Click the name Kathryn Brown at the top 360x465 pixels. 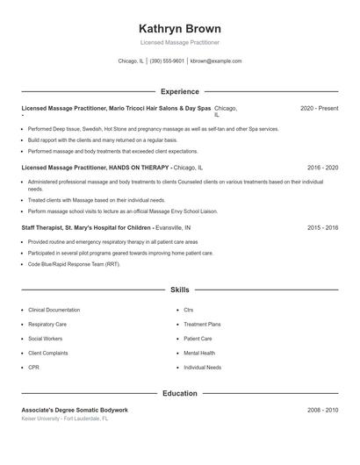pyautogui.click(x=179, y=28)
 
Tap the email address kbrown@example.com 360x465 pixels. pyautogui.click(x=216, y=61)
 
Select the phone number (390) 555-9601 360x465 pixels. pyautogui.click(x=167, y=61)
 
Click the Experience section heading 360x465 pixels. pyautogui.click(x=179, y=91)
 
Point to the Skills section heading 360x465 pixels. pyautogui.click(x=179, y=289)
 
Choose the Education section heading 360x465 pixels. pyautogui.click(x=179, y=394)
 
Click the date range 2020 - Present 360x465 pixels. pyautogui.click(x=319, y=108)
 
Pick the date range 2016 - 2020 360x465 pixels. pyautogui.click(x=322, y=166)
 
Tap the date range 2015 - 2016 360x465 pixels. pyautogui.click(x=322, y=227)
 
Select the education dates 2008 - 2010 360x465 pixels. pyautogui.click(x=322, y=410)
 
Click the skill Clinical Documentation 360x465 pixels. pyautogui.click(x=54, y=310)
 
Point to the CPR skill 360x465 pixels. pyautogui.click(x=33, y=368)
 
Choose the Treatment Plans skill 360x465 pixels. pyautogui.click(x=202, y=325)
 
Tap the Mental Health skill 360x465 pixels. pyautogui.click(x=199, y=354)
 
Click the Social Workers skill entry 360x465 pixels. pyautogui.click(x=45, y=339)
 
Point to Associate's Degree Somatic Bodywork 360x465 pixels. pyautogui.click(x=75, y=410)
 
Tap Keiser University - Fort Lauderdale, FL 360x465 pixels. pyautogui.click(x=65, y=418)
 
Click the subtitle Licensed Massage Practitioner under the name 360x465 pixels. pyautogui.click(x=179, y=42)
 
